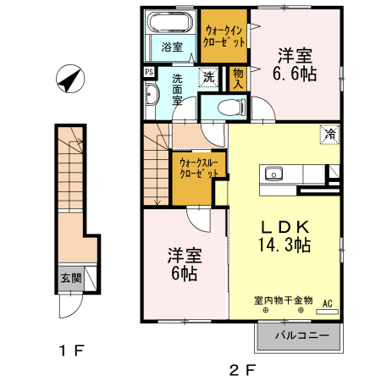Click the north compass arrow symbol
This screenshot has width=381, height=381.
[x=69, y=81]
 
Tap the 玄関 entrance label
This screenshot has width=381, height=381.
[x=70, y=277]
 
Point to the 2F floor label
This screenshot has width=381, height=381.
[x=244, y=368]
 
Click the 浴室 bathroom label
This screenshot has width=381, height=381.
[x=172, y=47]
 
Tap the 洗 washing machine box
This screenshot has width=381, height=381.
[x=208, y=78]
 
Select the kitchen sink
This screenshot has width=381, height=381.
[x=273, y=174]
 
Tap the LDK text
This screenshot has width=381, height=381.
[x=284, y=227]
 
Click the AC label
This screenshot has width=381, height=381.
[x=328, y=301]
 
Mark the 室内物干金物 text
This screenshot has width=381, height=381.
[x=283, y=301]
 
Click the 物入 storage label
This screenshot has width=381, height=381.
[x=238, y=79]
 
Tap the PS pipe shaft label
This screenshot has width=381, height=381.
[x=148, y=73]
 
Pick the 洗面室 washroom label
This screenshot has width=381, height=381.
[x=178, y=90]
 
